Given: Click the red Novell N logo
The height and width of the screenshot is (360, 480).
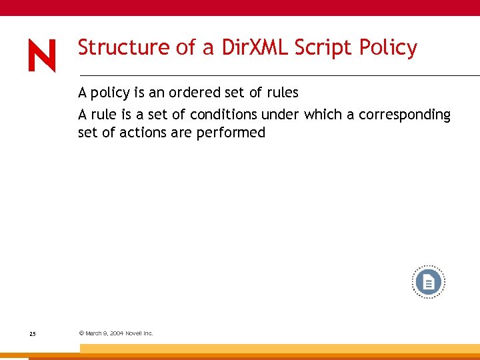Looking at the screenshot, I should [x=42, y=55].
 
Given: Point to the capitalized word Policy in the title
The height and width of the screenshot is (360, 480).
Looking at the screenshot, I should [x=388, y=48].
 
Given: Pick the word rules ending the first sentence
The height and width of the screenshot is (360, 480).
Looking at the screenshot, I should [x=281, y=93].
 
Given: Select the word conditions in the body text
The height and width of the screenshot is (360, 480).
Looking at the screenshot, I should [x=223, y=115].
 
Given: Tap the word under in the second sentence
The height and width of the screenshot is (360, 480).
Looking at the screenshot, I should [x=281, y=115].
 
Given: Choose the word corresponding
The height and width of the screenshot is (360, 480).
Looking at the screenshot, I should [x=405, y=115].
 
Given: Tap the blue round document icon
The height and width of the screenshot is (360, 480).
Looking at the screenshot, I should [x=428, y=283].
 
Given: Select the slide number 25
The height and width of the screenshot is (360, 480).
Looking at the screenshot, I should [x=33, y=333].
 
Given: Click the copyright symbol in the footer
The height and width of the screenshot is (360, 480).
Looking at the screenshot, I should [x=81, y=333].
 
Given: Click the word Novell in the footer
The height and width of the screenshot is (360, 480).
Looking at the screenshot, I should [x=137, y=333].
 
